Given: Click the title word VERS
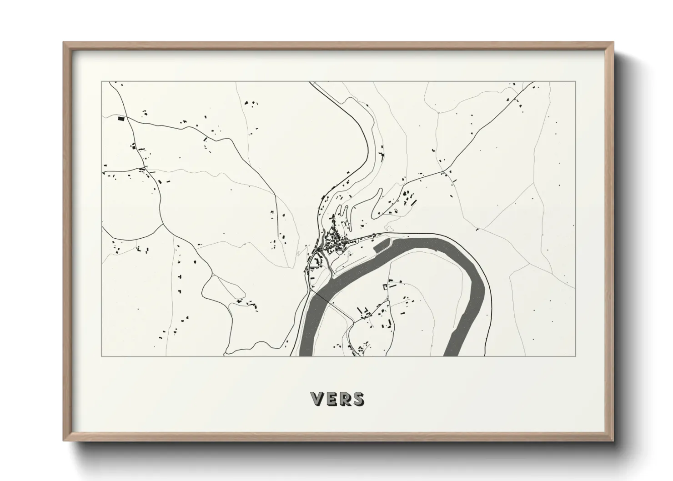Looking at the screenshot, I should click(337, 399).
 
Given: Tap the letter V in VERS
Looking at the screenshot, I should click(317, 399).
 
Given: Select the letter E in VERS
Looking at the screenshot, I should click(331, 399).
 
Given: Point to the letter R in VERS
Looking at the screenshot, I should click(344, 399).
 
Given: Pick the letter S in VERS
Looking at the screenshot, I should click(357, 399).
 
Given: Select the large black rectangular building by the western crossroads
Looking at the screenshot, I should click(121, 119).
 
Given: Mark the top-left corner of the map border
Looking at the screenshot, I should click(102, 82).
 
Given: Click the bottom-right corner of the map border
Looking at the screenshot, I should click(576, 356).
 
